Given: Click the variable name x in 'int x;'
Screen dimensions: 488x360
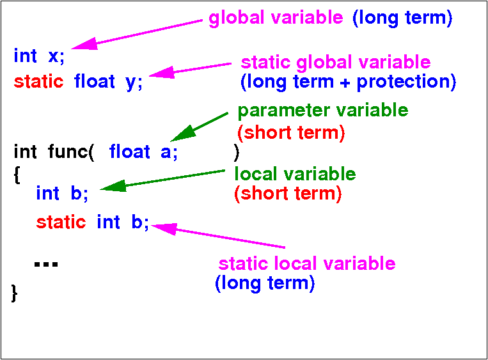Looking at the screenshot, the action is coord(54,56).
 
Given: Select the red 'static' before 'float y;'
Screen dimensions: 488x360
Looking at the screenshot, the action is coord(38,81).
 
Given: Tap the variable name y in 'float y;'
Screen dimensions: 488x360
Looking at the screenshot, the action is coord(130,83).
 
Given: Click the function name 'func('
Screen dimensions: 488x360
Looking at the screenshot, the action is coord(71,152).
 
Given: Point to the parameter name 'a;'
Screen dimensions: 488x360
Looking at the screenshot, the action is coord(169,153).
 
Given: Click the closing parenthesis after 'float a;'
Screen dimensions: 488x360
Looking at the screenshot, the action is coord(237,152).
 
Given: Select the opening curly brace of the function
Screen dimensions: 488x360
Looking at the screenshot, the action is coord(17,175).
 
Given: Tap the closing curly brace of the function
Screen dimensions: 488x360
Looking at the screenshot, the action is coord(14,293).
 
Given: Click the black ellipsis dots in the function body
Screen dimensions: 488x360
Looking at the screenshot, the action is coord(46,265).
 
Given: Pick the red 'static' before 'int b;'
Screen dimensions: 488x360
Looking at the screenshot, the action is coord(61,223).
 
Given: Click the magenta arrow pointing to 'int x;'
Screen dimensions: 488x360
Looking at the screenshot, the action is coord(137,35).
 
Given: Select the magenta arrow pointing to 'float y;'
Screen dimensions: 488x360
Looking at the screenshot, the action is coord(190,70).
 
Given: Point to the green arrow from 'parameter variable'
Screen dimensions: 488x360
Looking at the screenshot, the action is coord(199,127).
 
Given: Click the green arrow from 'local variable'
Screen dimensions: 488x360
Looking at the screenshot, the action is coord(162,180).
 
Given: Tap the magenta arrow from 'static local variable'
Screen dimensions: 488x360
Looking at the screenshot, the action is coord(218,235).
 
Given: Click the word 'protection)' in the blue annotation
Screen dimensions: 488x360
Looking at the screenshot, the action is coord(407,82).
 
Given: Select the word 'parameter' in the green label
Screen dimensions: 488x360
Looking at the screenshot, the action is coord(284,111).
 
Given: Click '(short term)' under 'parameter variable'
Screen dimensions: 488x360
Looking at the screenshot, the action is coord(291,133).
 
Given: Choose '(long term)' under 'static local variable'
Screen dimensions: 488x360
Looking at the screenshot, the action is coord(265,284).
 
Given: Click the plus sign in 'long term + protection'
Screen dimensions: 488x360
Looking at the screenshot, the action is coord(345,83).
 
